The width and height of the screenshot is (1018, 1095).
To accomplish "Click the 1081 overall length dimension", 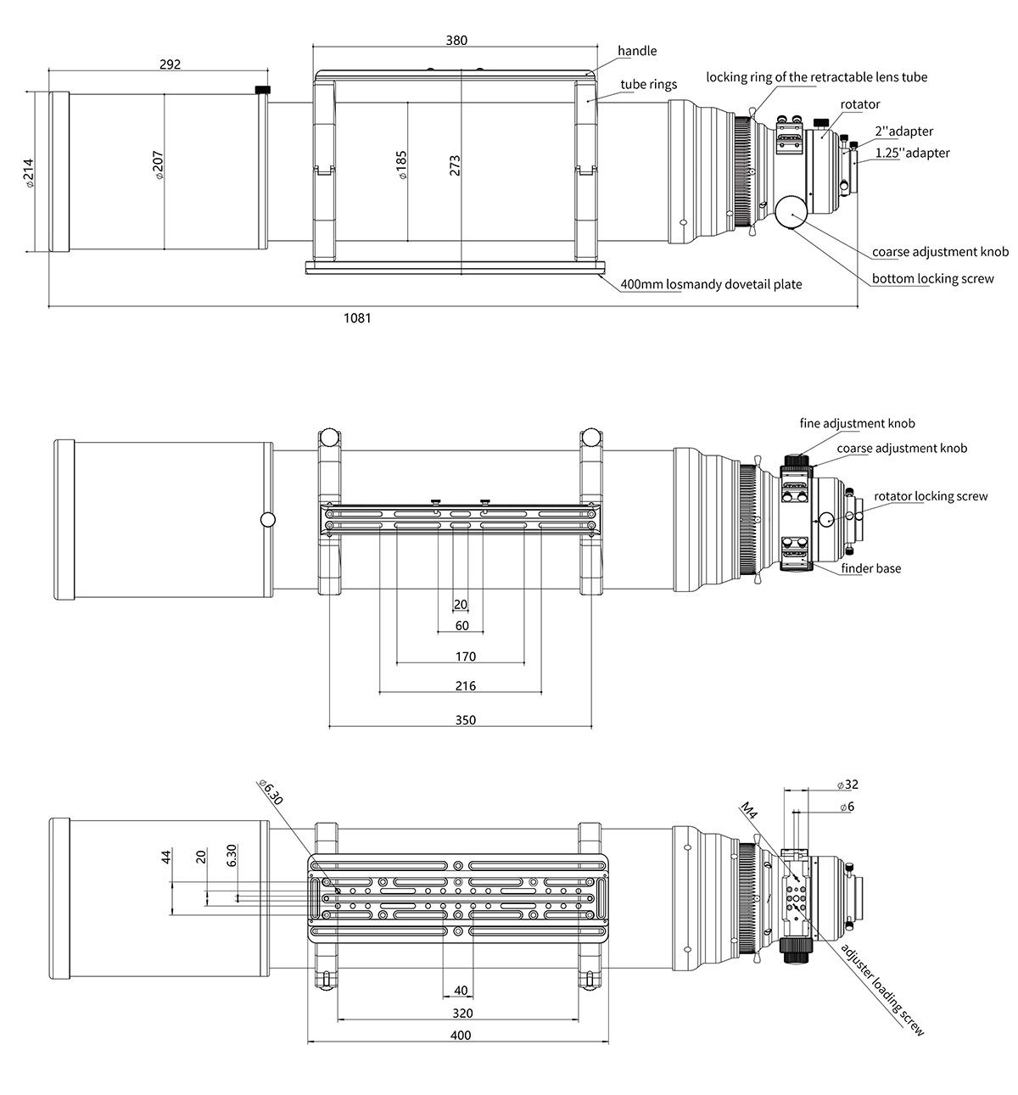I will (x=357, y=318).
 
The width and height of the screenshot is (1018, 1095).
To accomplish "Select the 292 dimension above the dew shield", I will (x=170, y=64).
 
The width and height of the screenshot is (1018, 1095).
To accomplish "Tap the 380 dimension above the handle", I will (x=456, y=40).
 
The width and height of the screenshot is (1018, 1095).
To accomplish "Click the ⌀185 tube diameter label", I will (x=401, y=165).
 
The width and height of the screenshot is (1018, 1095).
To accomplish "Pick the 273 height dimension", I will (x=455, y=165).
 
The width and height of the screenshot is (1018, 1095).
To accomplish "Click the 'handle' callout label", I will (x=637, y=51).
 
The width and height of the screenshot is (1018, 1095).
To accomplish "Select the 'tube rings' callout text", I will (x=649, y=84).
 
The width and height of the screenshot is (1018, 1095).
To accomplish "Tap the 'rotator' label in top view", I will (x=860, y=104).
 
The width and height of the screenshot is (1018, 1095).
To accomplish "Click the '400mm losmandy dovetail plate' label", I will (x=711, y=284).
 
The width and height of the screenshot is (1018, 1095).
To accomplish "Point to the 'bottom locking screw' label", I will (x=932, y=278).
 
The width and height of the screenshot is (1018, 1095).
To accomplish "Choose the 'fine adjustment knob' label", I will (x=857, y=423).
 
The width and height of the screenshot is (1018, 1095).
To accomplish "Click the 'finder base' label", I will (x=871, y=567).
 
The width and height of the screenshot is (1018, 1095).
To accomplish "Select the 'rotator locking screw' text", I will (x=931, y=496).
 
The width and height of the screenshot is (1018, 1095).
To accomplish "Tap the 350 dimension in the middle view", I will (x=466, y=720).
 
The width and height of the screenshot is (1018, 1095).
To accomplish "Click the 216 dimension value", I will (x=466, y=686).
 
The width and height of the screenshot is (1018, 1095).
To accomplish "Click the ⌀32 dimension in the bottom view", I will (x=847, y=785).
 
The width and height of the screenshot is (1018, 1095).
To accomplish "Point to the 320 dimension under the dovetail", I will (x=462, y=1013).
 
